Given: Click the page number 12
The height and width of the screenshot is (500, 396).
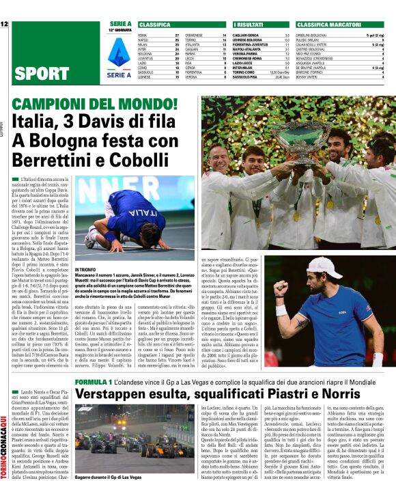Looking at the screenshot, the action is pyautogui.click(x=4, y=25).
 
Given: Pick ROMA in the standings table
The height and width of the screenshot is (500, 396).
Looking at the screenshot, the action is pyautogui.click(x=143, y=34).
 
